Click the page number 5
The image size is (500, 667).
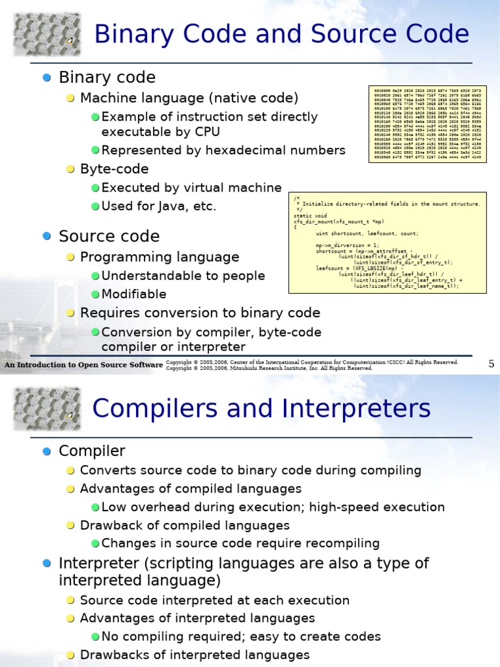pos(492,363)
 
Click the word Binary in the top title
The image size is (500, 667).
pos(132,34)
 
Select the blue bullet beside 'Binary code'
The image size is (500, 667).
pos(46,78)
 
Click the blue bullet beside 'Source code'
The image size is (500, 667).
pos(46,236)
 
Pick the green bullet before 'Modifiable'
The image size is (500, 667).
pos(95,294)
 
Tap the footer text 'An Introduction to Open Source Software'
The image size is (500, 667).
pos(83,365)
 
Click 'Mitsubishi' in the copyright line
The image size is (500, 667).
pos(240,369)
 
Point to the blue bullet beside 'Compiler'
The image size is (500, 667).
pos(46,451)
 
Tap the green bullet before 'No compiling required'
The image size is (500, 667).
pos(95,637)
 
